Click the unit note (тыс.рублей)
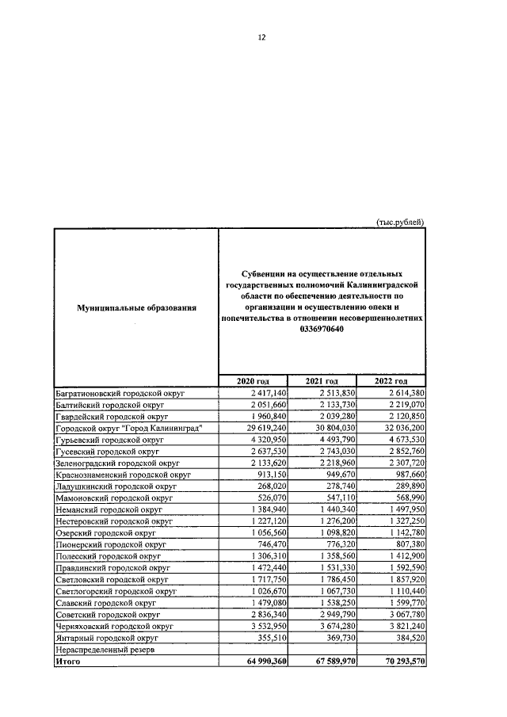(x=400, y=223)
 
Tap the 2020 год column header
(x=253, y=382)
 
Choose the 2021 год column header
(x=322, y=382)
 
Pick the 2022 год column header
(x=390, y=382)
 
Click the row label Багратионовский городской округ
(x=119, y=393)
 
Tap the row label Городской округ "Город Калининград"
(x=130, y=428)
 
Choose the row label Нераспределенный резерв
(x=105, y=649)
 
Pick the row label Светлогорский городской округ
(x=116, y=590)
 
